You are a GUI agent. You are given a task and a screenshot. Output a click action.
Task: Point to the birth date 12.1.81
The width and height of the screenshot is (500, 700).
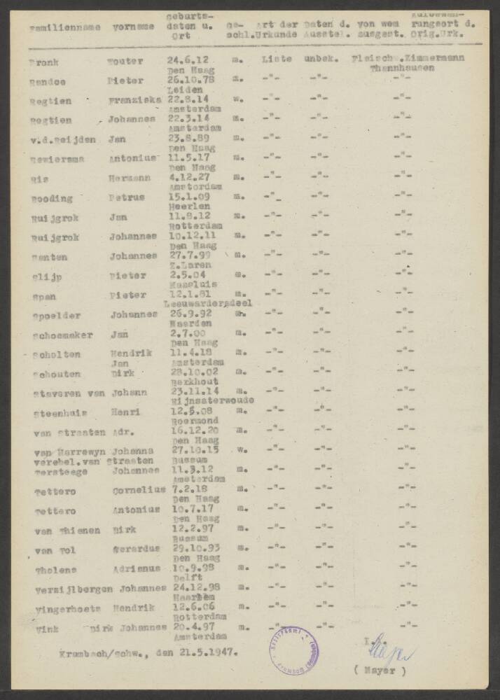(185, 295)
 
